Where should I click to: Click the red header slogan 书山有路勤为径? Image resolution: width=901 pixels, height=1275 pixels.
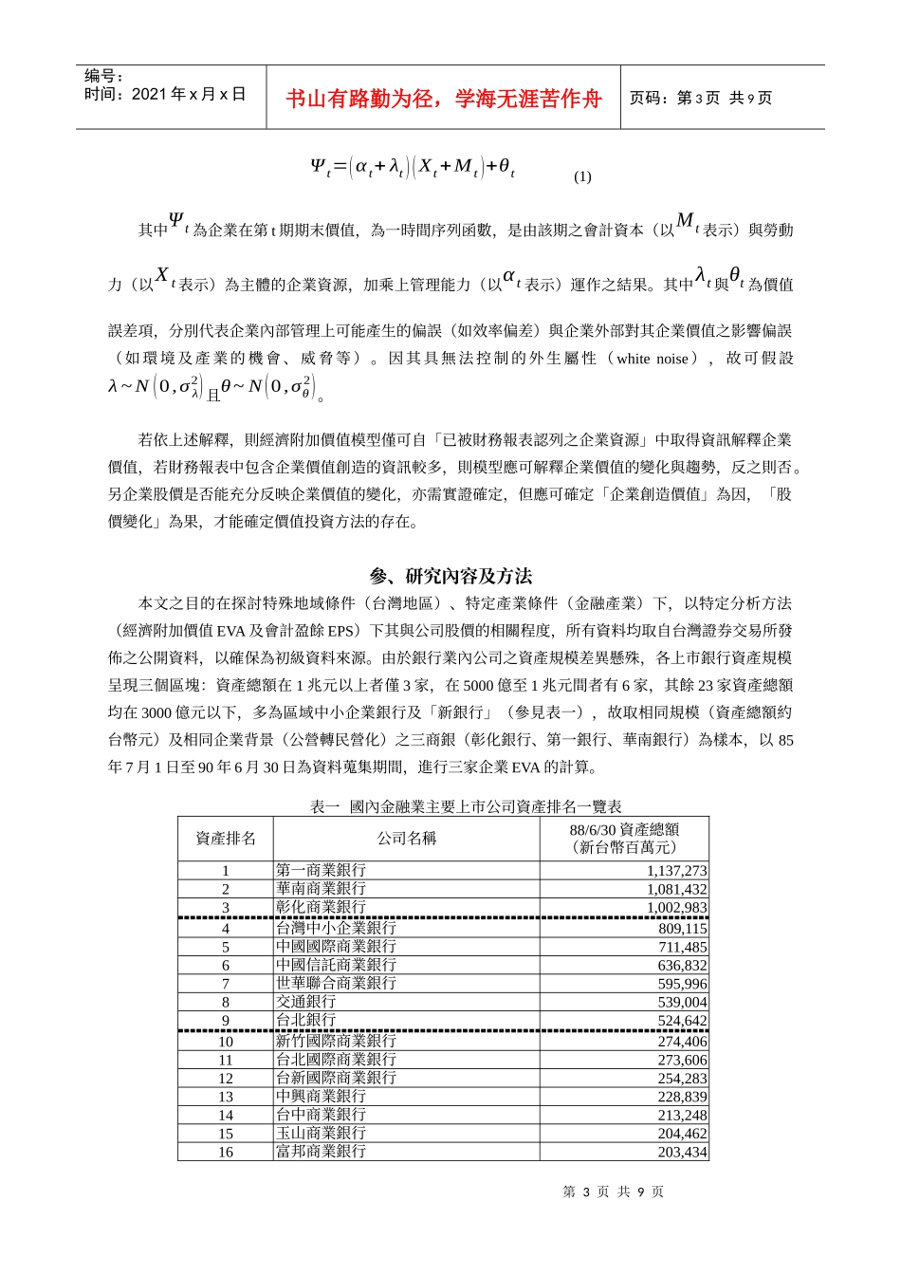pos(444,99)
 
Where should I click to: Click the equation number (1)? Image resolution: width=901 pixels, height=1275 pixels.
pos(582,176)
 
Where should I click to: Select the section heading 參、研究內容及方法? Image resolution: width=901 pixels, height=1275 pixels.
pos(450,576)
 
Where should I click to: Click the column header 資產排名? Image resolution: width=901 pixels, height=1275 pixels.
pos(226,839)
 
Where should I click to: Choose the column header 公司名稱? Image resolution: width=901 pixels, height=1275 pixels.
pos(407,839)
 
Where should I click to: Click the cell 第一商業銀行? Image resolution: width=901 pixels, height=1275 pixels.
pos(321,870)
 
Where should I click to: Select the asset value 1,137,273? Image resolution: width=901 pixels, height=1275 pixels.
pos(676,871)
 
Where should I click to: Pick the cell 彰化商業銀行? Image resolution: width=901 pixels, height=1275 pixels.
pos(321,907)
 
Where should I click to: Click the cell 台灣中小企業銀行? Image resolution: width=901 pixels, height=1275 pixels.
pos(336,928)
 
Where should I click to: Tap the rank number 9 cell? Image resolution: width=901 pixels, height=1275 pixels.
pos(226,1021)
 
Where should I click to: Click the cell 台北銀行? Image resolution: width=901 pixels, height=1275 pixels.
pos(305,1020)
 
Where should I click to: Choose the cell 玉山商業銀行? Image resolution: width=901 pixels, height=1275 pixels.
pos(321,1133)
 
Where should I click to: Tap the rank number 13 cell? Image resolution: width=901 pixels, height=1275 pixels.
pos(226,1097)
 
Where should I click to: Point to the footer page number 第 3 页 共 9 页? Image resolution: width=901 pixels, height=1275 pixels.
pos(614,1192)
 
